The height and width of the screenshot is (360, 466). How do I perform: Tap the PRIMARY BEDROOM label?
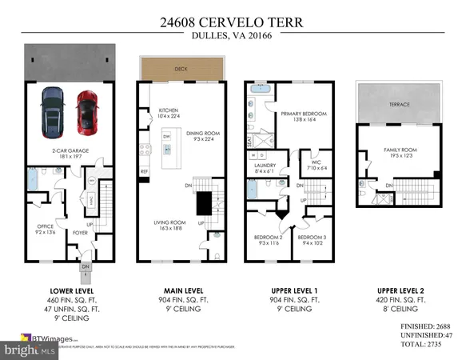[x=301, y=114]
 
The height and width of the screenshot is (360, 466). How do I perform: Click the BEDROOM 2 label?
[x=264, y=237]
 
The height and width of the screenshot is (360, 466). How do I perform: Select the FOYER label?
[x=82, y=234]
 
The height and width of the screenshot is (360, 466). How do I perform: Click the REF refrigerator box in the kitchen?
[x=145, y=171]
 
